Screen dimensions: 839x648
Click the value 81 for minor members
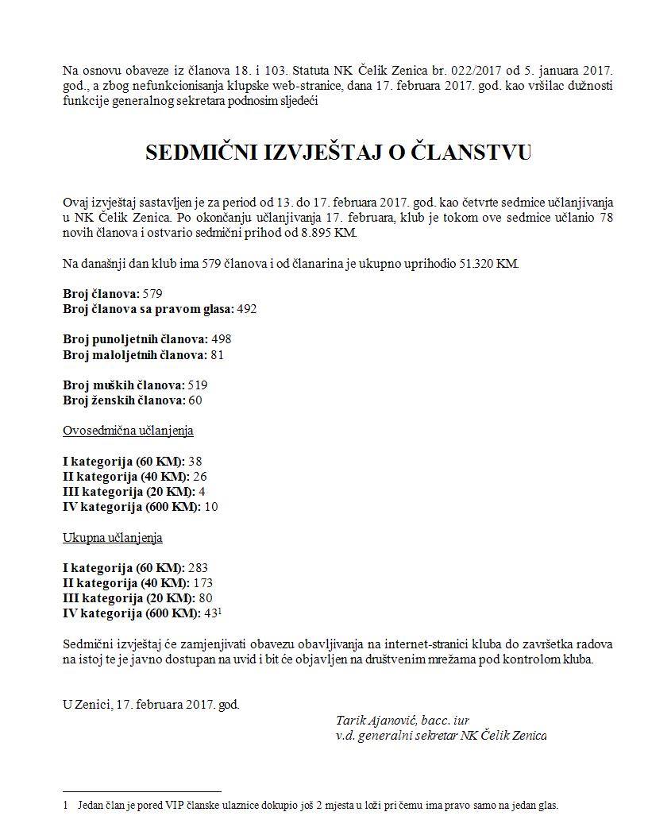click(x=217, y=354)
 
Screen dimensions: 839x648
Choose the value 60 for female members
click(x=195, y=400)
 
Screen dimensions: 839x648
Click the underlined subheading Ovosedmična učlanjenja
click(x=128, y=431)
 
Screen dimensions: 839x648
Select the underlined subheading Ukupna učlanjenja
click(x=113, y=538)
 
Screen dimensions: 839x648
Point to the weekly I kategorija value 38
click(x=195, y=462)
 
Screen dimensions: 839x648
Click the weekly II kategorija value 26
click(x=200, y=477)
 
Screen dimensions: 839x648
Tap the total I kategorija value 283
click(x=199, y=568)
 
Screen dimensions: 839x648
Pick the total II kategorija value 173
click(x=204, y=583)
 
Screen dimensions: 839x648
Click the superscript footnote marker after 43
click(x=220, y=611)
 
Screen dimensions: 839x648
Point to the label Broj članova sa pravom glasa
click(x=147, y=309)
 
